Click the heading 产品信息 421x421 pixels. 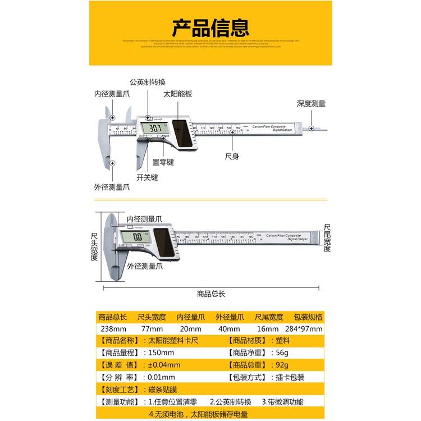[x=210, y=26]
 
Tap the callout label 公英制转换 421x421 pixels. [x=148, y=82]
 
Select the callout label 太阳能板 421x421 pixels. [x=178, y=94]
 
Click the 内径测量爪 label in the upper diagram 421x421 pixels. [x=112, y=94]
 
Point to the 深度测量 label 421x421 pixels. [x=312, y=103]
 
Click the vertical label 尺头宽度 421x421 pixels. [x=94, y=247]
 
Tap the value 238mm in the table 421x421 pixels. [x=113, y=328]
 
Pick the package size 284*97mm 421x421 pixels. [x=305, y=328]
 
